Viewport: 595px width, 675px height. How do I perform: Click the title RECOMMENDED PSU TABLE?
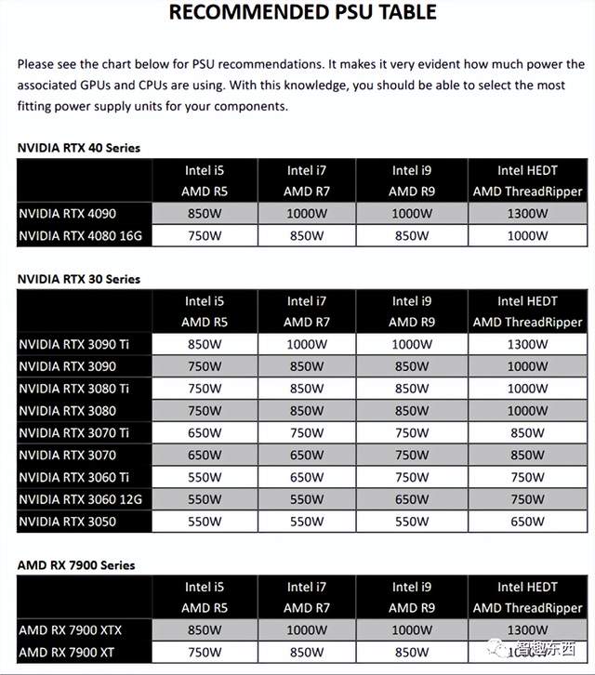(x=302, y=13)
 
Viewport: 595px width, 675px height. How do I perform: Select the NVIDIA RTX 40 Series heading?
(x=79, y=147)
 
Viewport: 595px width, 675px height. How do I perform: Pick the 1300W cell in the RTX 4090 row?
(x=527, y=213)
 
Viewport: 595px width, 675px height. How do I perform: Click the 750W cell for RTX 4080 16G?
(x=205, y=235)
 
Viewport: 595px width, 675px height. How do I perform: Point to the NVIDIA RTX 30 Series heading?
(x=79, y=279)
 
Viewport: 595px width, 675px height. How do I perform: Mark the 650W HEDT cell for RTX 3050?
(x=527, y=522)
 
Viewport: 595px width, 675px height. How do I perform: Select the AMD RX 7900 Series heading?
(x=76, y=564)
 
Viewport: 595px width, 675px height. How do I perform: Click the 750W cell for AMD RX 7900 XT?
(x=205, y=653)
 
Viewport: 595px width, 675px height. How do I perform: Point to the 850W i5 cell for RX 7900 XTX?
(x=205, y=630)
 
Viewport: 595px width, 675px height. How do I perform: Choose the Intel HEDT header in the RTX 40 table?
(x=527, y=170)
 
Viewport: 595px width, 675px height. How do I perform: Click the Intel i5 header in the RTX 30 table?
(x=205, y=301)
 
